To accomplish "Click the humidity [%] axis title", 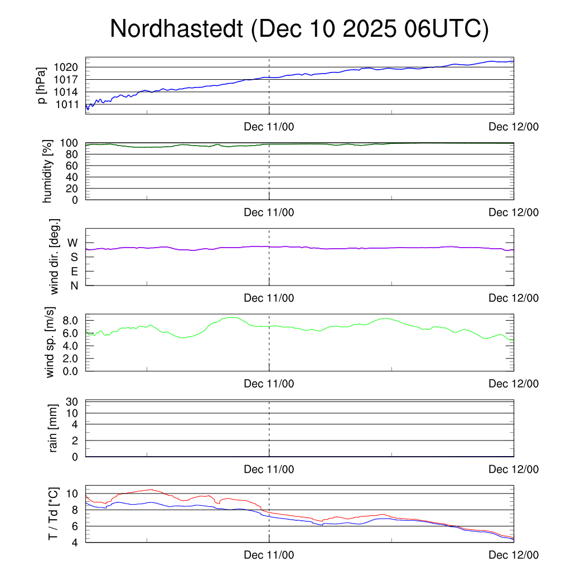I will (x=47, y=171).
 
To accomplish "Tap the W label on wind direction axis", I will (x=72, y=243).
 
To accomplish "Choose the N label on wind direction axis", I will (x=74, y=286).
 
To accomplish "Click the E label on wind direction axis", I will (x=74, y=272).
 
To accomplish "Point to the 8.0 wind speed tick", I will (x=70, y=321).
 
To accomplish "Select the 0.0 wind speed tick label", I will (x=70, y=370).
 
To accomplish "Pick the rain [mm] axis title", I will (x=54, y=429).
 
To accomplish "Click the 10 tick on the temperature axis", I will (x=73, y=493).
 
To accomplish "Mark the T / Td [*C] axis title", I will (x=54, y=514).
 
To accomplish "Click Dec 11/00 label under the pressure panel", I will (x=269, y=127).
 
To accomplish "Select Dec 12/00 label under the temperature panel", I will (x=514, y=555).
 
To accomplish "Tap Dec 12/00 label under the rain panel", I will (x=514, y=470).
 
